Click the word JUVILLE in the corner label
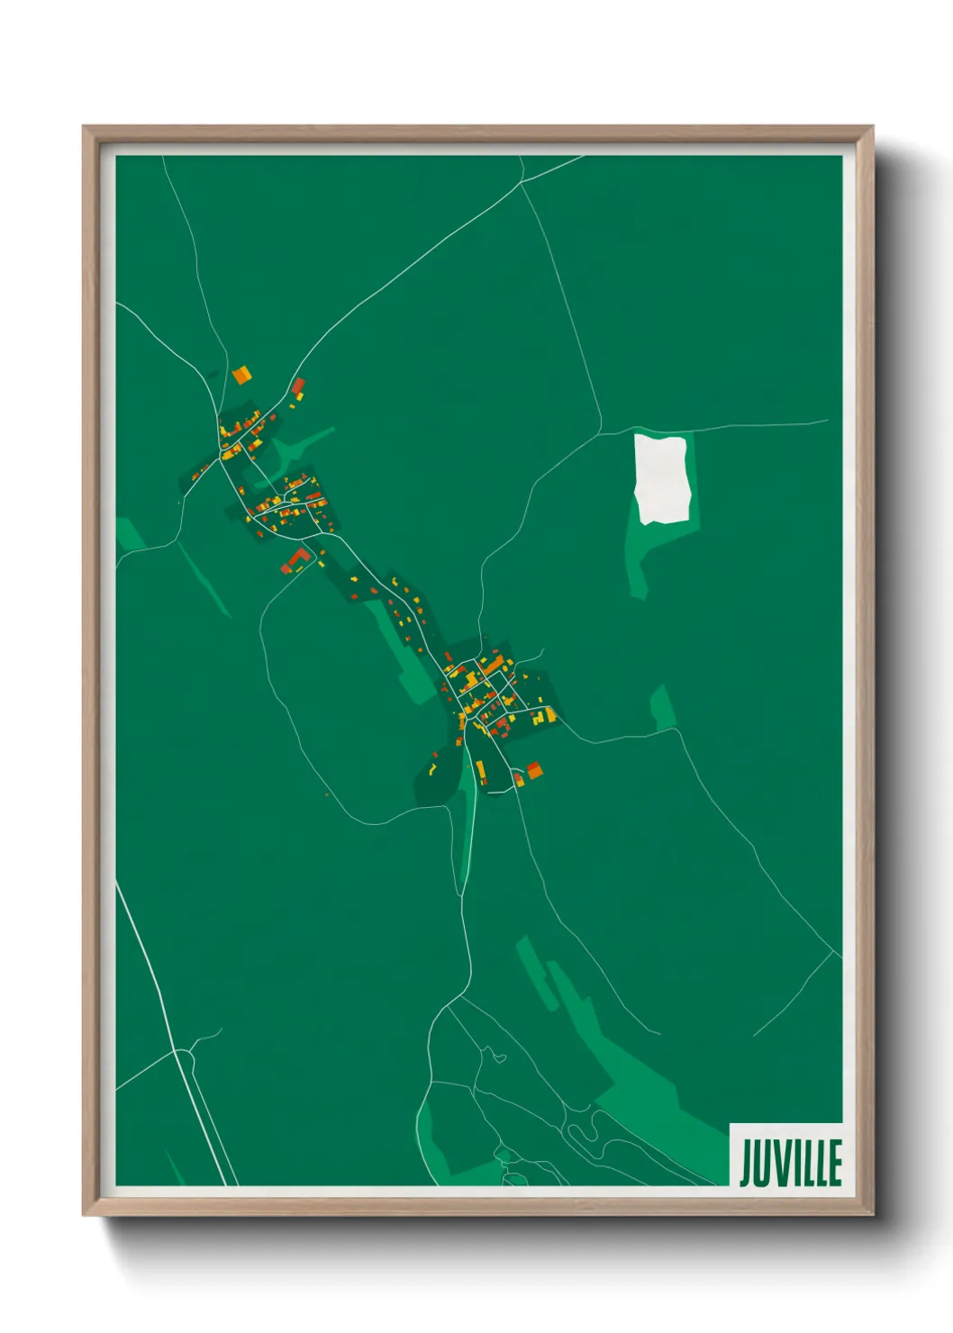[x=790, y=1163]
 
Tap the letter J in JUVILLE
[x=747, y=1163]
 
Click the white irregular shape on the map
[x=663, y=478]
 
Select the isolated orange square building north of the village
[x=241, y=375]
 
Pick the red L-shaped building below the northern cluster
[x=298, y=558]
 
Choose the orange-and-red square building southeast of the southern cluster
[x=534, y=769]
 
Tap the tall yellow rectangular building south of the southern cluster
[x=480, y=771]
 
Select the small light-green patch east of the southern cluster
[x=664, y=707]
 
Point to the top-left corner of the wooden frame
[x=85, y=128]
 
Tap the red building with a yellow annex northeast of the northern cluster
[x=298, y=387]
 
